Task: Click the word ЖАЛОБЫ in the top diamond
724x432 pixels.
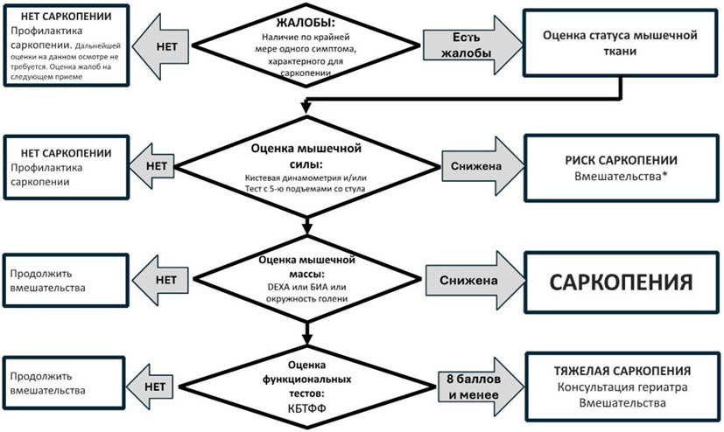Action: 306,23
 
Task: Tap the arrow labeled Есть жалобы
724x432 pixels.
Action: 473,45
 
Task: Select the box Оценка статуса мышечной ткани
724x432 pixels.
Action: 620,43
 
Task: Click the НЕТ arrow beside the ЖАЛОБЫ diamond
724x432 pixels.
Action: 161,46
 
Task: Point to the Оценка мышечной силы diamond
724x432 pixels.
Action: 306,166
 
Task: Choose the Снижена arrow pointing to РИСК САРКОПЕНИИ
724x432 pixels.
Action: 483,166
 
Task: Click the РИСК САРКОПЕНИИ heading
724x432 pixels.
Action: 621,160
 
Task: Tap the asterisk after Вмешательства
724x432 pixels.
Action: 664,175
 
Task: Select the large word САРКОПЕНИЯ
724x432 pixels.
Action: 621,282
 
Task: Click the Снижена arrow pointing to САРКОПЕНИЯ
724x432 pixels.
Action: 475,281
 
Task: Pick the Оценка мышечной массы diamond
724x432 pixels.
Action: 306,279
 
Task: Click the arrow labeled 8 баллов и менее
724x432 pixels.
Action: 481,387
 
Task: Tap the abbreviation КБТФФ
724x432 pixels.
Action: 306,408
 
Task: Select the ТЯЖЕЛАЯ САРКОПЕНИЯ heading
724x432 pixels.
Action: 622,371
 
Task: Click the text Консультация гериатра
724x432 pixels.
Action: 622,387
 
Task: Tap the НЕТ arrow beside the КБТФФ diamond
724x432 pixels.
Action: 151,387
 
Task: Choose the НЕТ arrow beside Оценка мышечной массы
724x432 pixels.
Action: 161,280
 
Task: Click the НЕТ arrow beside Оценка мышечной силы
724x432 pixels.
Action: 152,166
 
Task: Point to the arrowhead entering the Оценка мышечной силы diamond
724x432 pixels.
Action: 306,108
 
